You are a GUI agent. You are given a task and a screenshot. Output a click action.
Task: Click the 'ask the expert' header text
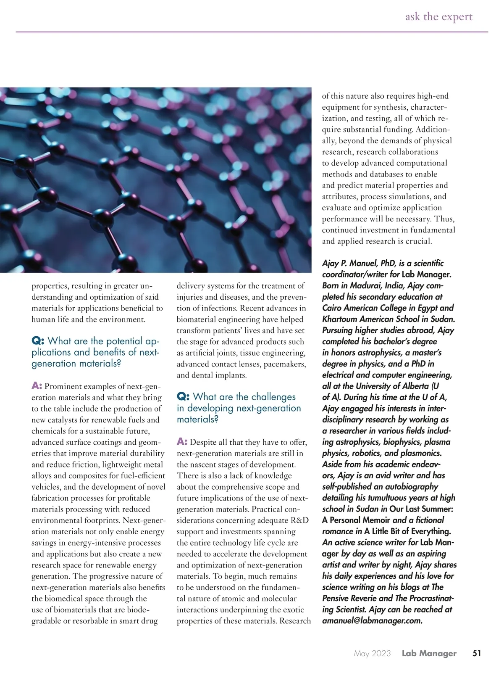click(x=438, y=17)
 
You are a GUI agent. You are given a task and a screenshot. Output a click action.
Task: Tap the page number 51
click(x=477, y=653)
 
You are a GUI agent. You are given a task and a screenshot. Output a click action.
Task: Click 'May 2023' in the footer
click(x=372, y=653)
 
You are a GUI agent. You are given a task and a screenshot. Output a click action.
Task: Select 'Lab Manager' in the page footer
click(x=429, y=653)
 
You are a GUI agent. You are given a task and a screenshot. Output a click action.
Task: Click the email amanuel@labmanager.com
click(x=372, y=620)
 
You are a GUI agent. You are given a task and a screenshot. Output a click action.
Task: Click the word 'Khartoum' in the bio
click(x=341, y=319)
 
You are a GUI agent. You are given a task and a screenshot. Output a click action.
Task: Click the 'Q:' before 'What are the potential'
click(x=38, y=341)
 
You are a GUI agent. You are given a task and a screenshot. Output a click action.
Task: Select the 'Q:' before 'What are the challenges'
click(x=184, y=397)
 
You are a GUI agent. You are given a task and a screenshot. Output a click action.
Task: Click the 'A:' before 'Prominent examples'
click(x=37, y=386)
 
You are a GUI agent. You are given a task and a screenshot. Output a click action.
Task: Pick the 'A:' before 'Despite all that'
click(x=182, y=442)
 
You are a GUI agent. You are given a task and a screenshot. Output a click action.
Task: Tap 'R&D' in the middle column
click(x=299, y=520)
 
